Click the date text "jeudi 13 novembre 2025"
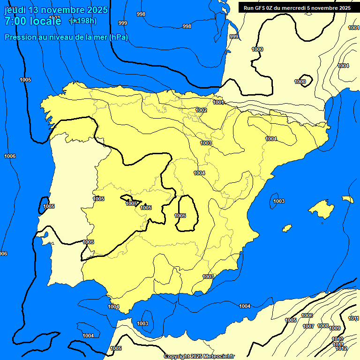[x=56, y=10]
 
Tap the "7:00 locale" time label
[x=33, y=21]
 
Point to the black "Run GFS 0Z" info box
[x=297, y=7]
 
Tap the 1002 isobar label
[x=202, y=110]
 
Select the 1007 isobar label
[x=308, y=326]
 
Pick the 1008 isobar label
[x=323, y=326]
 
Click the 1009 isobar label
[x=335, y=328]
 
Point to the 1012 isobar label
[x=341, y=349]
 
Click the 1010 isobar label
[x=337, y=339]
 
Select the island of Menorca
[x=347, y=199]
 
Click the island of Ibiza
[x=285, y=228]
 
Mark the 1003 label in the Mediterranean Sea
[x=279, y=201]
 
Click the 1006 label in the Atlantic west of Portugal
[x=9, y=156]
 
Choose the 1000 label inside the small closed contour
[x=300, y=82]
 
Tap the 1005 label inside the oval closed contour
[x=180, y=216]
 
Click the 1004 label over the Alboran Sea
[x=245, y=306]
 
